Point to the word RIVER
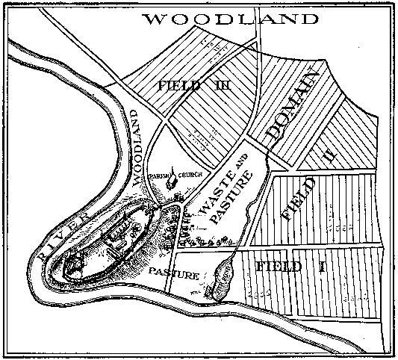[63, 230]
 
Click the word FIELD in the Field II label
[299, 198]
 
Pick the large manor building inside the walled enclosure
[118, 240]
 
